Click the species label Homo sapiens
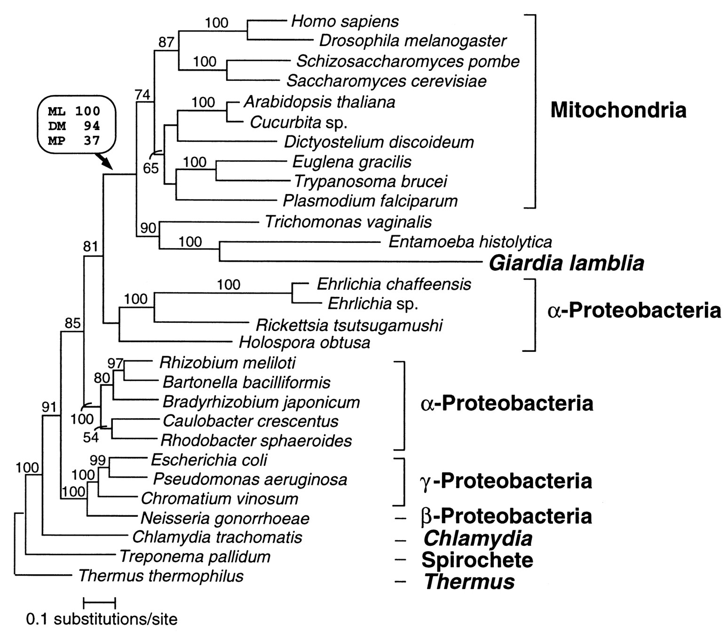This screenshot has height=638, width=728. (x=345, y=21)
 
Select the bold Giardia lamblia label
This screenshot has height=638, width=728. (x=566, y=264)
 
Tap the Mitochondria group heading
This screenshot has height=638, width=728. (x=618, y=110)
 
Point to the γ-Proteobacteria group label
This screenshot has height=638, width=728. (x=505, y=481)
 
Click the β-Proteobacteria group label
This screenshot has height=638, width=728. (x=505, y=516)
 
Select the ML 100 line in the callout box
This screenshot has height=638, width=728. (x=74, y=111)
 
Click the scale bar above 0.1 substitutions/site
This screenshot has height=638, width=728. (x=99, y=601)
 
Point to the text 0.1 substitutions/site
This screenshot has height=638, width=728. (x=102, y=620)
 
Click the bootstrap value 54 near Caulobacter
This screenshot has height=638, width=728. (x=91, y=437)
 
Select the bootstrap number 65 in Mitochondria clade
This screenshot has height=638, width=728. (x=151, y=168)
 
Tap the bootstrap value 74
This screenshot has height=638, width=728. (x=142, y=94)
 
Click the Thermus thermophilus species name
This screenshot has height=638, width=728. (x=161, y=576)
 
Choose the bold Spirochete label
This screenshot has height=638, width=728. (x=477, y=560)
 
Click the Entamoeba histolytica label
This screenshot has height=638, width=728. (x=470, y=242)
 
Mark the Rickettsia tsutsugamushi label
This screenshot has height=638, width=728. (x=348, y=325)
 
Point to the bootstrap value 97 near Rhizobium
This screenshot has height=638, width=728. (x=115, y=363)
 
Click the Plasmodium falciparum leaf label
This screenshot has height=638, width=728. (x=370, y=201)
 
